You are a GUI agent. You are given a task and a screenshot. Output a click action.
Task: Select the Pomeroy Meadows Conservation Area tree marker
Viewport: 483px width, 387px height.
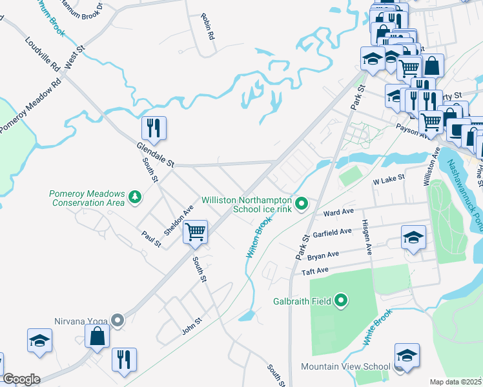pos(135,196)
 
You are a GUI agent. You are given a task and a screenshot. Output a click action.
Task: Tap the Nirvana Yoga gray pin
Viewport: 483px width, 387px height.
pos(117,320)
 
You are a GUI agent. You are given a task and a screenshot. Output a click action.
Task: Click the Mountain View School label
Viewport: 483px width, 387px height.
pos(345,366)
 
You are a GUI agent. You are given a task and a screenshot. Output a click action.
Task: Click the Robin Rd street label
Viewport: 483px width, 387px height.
pos(207,27)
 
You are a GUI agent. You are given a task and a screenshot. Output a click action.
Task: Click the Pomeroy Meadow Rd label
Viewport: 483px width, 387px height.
pos(30,106)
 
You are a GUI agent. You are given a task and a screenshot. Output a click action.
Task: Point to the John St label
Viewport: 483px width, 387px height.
pos(192,326)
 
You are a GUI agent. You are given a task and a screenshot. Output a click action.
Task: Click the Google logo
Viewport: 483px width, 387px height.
pos(21,379)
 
